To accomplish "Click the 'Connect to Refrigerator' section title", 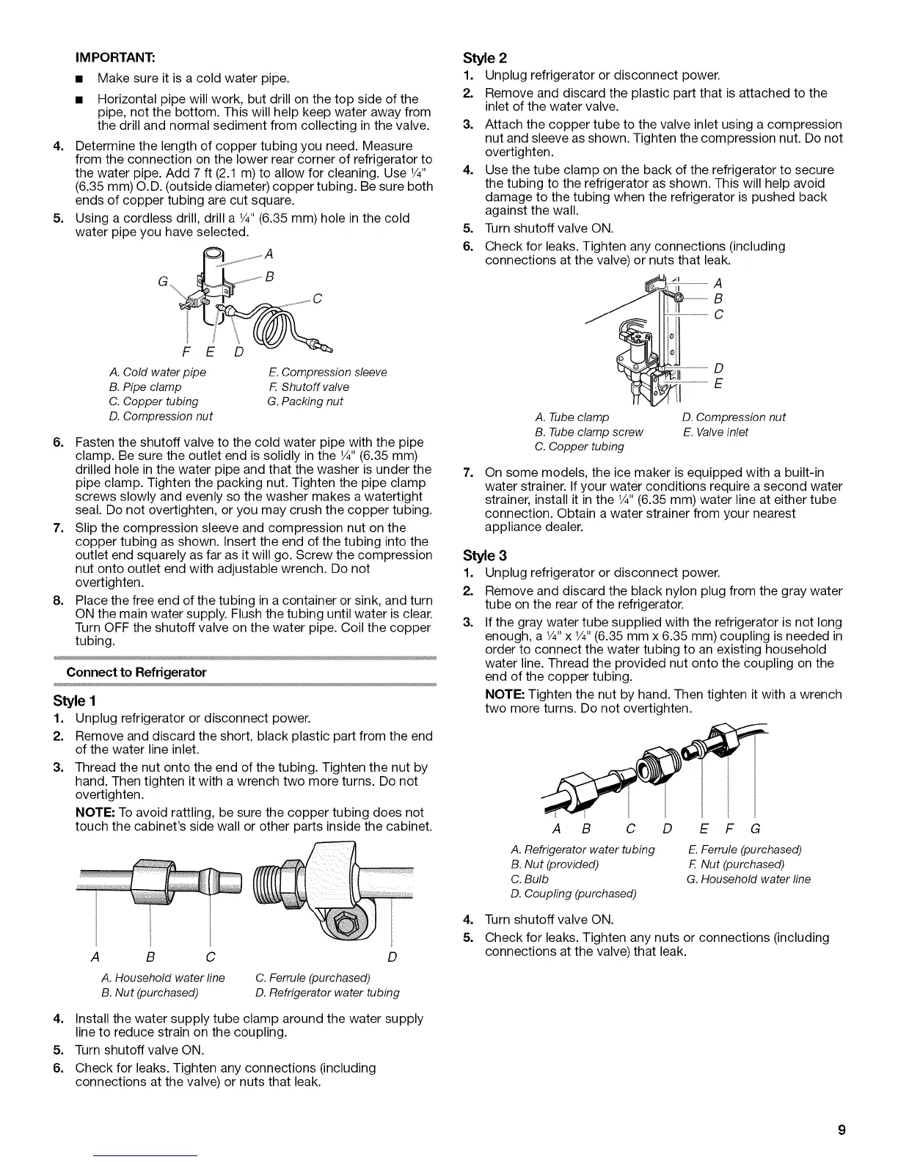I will coord(136,672).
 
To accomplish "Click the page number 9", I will coord(842,1130).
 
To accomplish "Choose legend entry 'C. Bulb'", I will coord(530,879).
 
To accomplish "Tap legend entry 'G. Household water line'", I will coord(748,879).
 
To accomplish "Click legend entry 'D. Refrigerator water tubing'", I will coord(328,993).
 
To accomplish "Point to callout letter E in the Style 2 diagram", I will coord(719,384).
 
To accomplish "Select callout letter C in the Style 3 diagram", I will coord(629,830).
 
